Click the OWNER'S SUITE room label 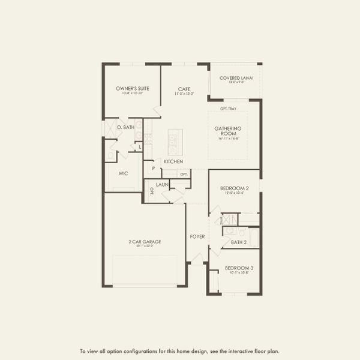point(132,88)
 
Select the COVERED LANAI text point(236,77)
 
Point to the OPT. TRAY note point(227,109)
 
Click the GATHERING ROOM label point(228,131)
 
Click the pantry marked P point(152,169)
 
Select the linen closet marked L point(140,147)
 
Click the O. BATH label point(125,127)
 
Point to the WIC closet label point(123,173)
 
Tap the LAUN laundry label point(162,185)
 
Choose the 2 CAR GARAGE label point(145,241)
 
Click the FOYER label point(197,236)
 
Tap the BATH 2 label point(239,242)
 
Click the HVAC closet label point(220,220)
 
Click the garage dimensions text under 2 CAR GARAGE point(145,246)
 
